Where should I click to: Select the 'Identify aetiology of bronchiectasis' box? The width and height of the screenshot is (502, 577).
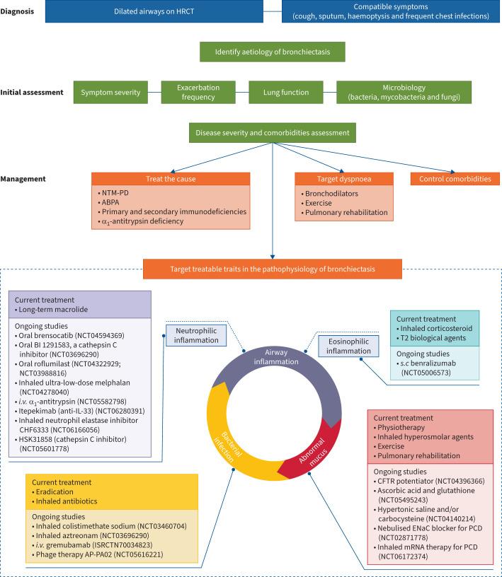pyautogui.click(x=272, y=52)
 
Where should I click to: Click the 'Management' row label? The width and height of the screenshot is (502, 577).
pyautogui.click(x=23, y=178)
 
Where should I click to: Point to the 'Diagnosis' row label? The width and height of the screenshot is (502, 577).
pyautogui.click(x=18, y=11)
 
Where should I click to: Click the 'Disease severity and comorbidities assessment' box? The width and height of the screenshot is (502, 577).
pyautogui.click(x=272, y=133)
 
